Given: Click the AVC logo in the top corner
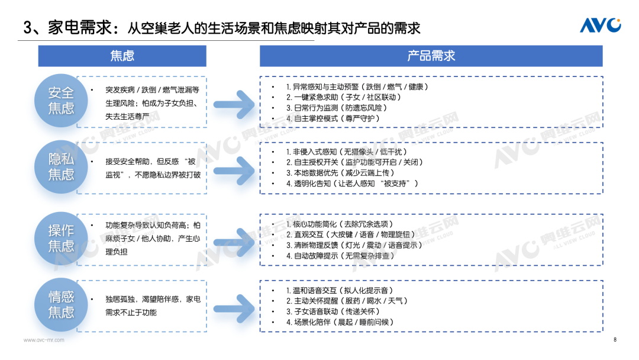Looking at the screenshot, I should pyautogui.click(x=600, y=25).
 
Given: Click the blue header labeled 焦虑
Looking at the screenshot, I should pyautogui.click(x=122, y=56).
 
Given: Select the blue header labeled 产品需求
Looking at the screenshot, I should pyautogui.click(x=431, y=56).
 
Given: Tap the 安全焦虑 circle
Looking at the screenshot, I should pyautogui.click(x=61, y=100).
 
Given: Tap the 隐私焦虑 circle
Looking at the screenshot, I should pyautogui.click(x=61, y=166).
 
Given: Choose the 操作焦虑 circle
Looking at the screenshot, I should pyautogui.click(x=61, y=238).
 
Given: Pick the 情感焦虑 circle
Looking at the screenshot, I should pyautogui.click(x=61, y=304).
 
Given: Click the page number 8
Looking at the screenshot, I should pyautogui.click(x=615, y=340).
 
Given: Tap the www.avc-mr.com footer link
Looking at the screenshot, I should pyautogui.click(x=44, y=340).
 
